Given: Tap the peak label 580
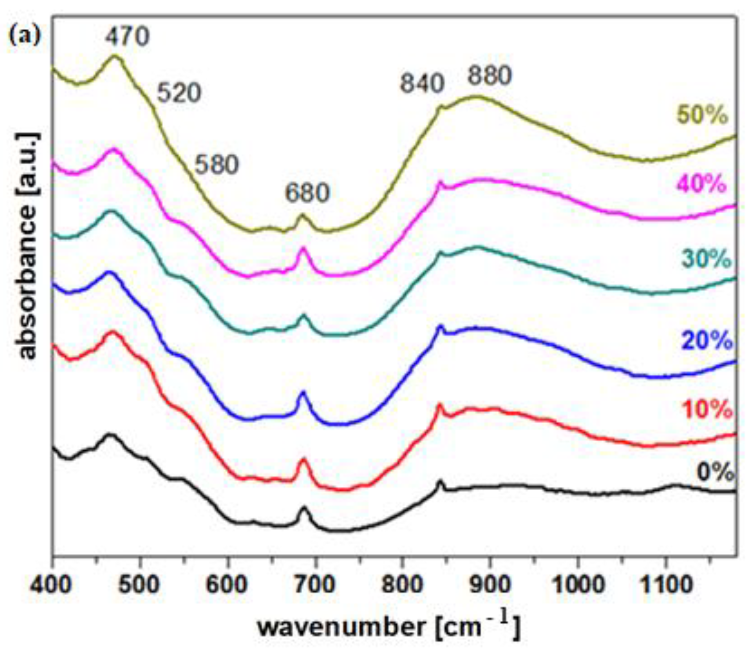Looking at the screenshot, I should [x=217, y=164].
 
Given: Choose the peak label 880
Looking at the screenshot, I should [x=490, y=76].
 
